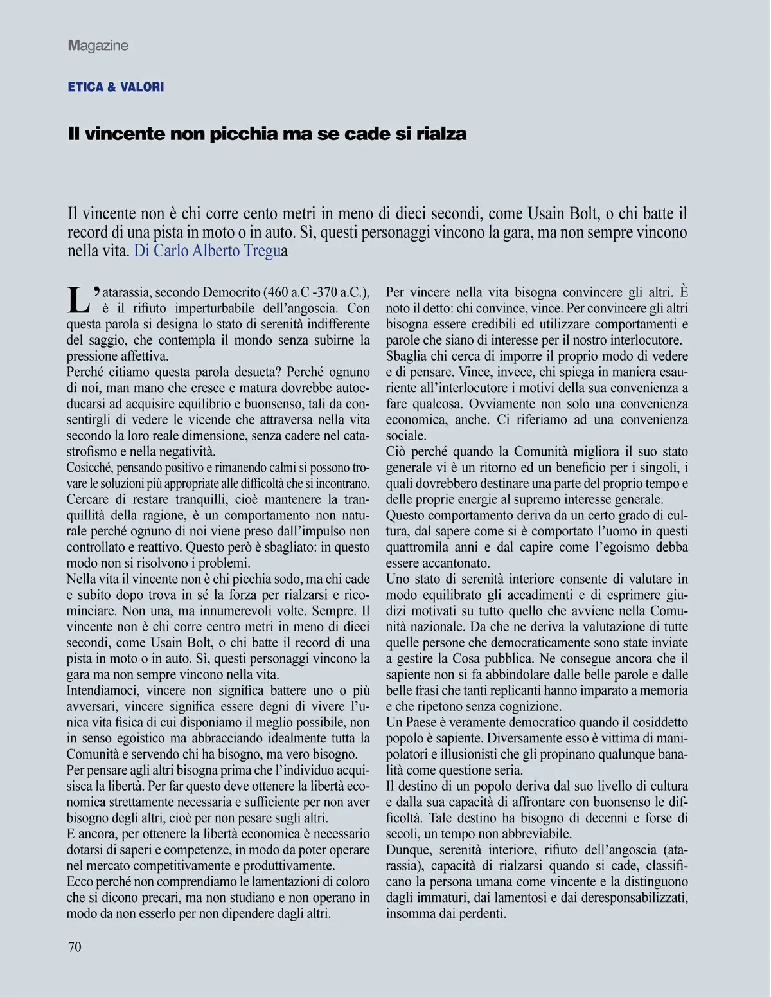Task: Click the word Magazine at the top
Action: tap(98, 46)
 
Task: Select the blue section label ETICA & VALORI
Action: tap(116, 87)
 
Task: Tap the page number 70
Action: tap(75, 946)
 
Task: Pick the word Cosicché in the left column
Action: tap(90, 467)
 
